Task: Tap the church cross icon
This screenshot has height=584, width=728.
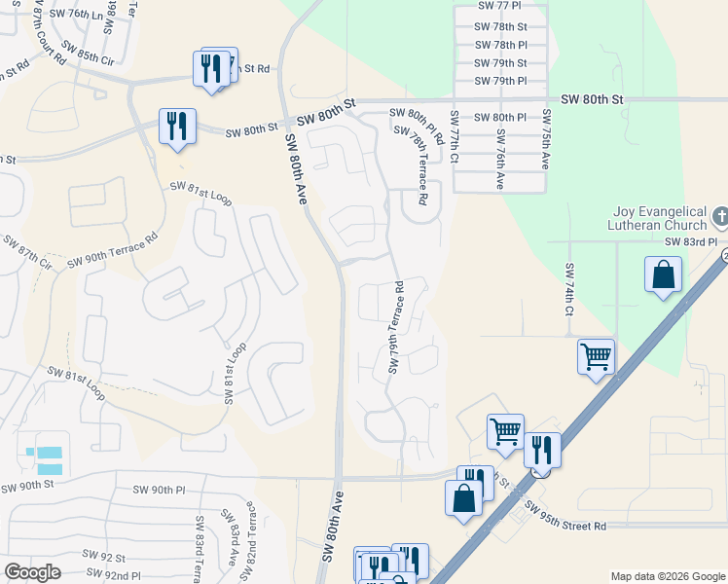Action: coord(720,214)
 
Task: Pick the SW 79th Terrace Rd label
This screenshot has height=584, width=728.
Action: coord(396,328)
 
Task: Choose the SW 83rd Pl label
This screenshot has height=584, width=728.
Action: coord(691,241)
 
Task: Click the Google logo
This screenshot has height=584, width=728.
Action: coord(33,572)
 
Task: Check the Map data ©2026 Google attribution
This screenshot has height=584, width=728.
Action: coord(667,576)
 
